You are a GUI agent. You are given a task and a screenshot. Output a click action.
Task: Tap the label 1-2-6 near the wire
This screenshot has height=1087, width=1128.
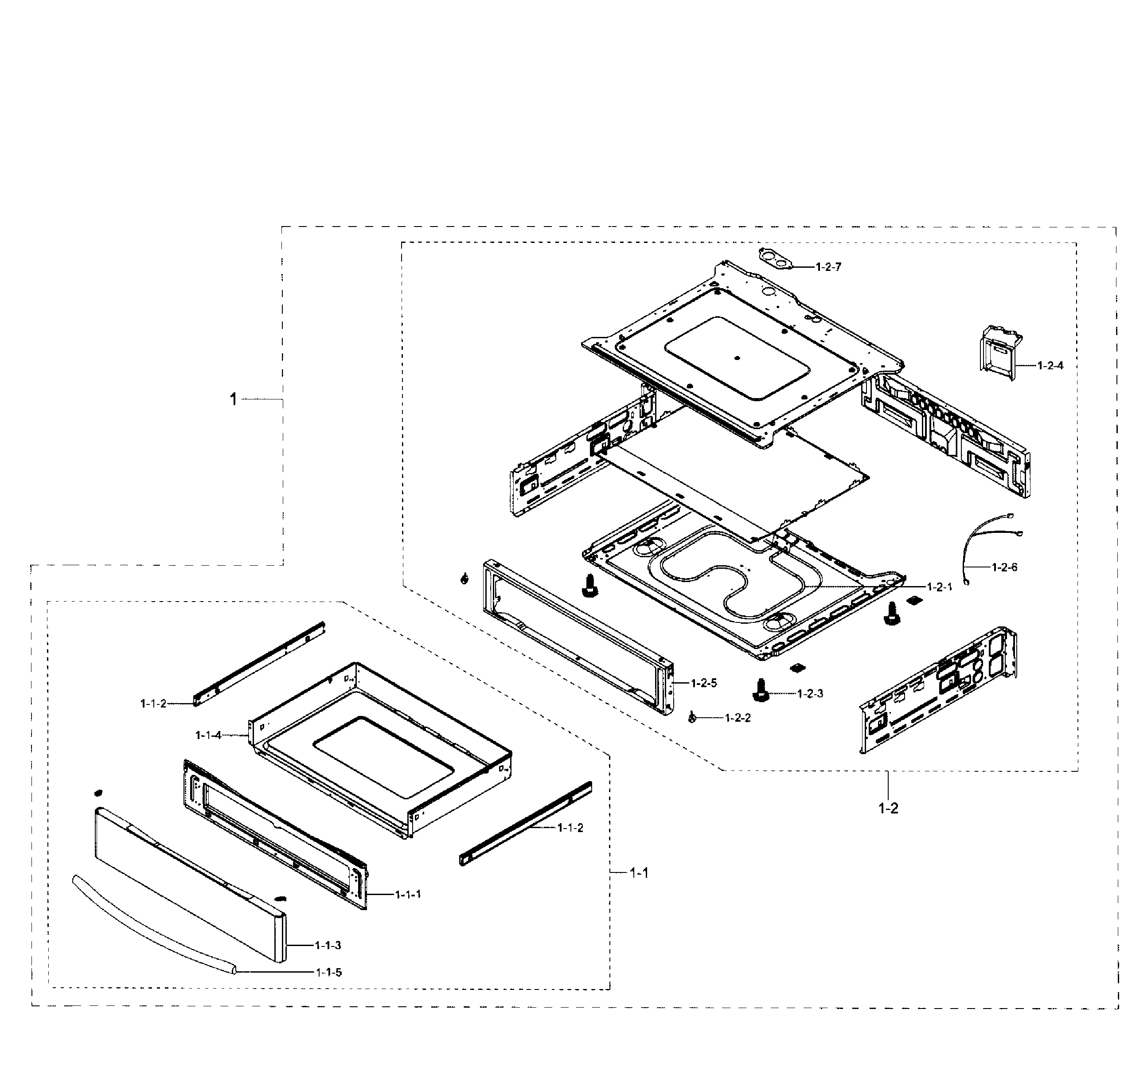click(1004, 567)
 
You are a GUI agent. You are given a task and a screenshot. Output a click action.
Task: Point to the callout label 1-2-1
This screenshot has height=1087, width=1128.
click(939, 587)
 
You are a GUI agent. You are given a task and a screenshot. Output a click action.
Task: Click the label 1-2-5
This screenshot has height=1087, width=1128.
click(704, 684)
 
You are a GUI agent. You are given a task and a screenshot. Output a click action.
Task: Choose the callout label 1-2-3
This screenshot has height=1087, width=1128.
click(810, 694)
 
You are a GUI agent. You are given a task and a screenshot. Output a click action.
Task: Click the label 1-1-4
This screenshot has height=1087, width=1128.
click(208, 735)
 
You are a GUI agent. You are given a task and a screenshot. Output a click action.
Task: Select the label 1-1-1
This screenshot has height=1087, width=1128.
click(408, 894)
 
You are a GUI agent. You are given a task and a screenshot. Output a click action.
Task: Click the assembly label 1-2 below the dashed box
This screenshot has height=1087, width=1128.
click(888, 808)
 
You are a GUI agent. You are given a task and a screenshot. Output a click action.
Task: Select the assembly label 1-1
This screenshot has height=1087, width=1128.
click(639, 873)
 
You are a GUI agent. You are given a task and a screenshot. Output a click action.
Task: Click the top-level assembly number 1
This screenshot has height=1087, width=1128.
click(233, 399)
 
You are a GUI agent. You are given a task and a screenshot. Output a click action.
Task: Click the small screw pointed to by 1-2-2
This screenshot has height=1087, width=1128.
click(692, 717)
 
